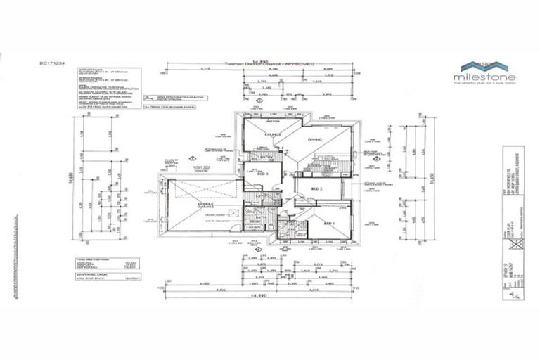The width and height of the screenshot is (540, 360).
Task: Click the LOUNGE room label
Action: click(273, 134)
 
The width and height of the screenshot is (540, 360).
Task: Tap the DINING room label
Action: click(314, 139)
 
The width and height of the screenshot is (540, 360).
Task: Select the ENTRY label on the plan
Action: click(266, 157)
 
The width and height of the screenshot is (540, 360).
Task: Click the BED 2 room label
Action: click(316, 188)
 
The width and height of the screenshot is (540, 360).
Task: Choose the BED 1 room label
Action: click(328, 222)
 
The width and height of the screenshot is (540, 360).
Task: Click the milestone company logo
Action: click(485, 72)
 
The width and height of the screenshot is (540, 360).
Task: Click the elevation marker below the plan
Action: click(260, 247)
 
